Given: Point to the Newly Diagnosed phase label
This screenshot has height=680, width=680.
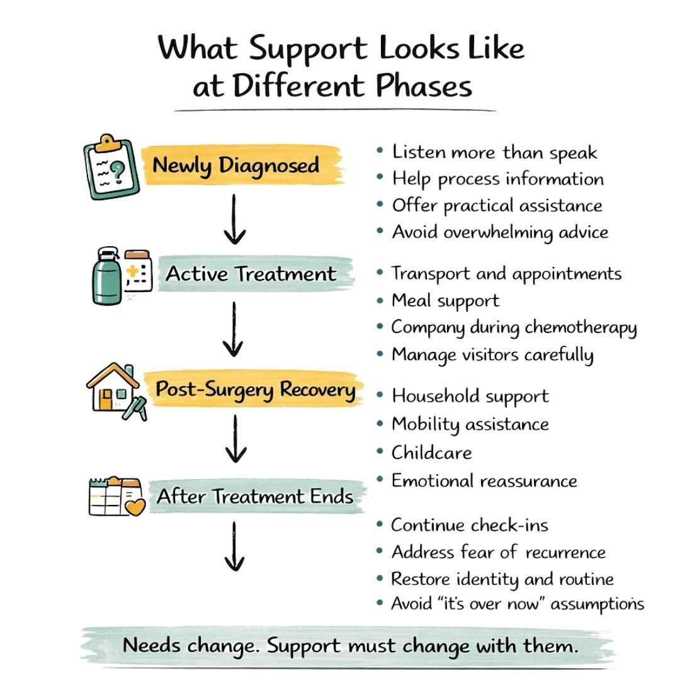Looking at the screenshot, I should pyautogui.click(x=235, y=166).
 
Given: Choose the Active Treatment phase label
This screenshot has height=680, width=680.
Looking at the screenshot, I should pyautogui.click(x=251, y=275).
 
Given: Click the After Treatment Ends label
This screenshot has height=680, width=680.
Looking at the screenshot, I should pyautogui.click(x=255, y=497).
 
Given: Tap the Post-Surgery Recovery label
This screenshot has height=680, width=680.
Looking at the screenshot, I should pyautogui.click(x=255, y=390).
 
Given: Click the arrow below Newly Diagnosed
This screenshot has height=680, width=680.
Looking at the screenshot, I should pyautogui.click(x=234, y=218).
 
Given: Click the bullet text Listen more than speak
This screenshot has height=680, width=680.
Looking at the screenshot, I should pyautogui.click(x=494, y=152).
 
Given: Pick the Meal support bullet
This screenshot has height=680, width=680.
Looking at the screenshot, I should pyautogui.click(x=445, y=300).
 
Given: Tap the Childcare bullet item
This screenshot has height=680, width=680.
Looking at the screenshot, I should pyautogui.click(x=431, y=453).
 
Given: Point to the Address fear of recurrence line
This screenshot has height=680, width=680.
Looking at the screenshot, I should pyautogui.click(x=498, y=553).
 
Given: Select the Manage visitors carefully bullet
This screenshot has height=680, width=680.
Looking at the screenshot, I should pyautogui.click(x=492, y=354).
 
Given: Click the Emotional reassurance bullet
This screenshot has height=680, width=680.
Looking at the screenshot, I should pyautogui.click(x=484, y=481).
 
